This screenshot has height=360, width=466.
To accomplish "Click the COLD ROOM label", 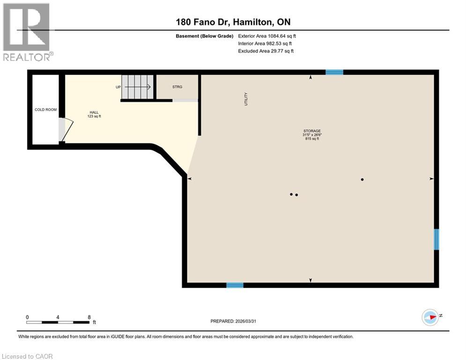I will tap(45, 110).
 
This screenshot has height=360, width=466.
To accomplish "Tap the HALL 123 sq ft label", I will tap(94, 114).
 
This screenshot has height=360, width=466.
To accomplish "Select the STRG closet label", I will tap(177, 87).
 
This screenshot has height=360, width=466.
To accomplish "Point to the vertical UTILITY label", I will tap(245, 98).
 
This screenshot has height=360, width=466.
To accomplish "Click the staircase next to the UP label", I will tap(138, 87).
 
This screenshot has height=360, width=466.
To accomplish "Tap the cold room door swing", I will tap(66, 130).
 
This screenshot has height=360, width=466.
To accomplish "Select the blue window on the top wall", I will tap(334, 72).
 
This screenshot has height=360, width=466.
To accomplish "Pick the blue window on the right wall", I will tap(436, 239).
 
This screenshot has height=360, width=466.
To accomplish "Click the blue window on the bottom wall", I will tap(235, 285).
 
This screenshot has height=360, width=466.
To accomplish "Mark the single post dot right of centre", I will tap(362, 179).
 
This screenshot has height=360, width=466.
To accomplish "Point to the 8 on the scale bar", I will tap(89, 317).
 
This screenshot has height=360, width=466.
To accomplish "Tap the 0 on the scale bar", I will tap(27, 317).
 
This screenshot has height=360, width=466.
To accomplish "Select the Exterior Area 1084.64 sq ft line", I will tap(267, 36).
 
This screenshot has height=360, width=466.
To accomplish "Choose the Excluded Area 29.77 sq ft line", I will tap(266, 51).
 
